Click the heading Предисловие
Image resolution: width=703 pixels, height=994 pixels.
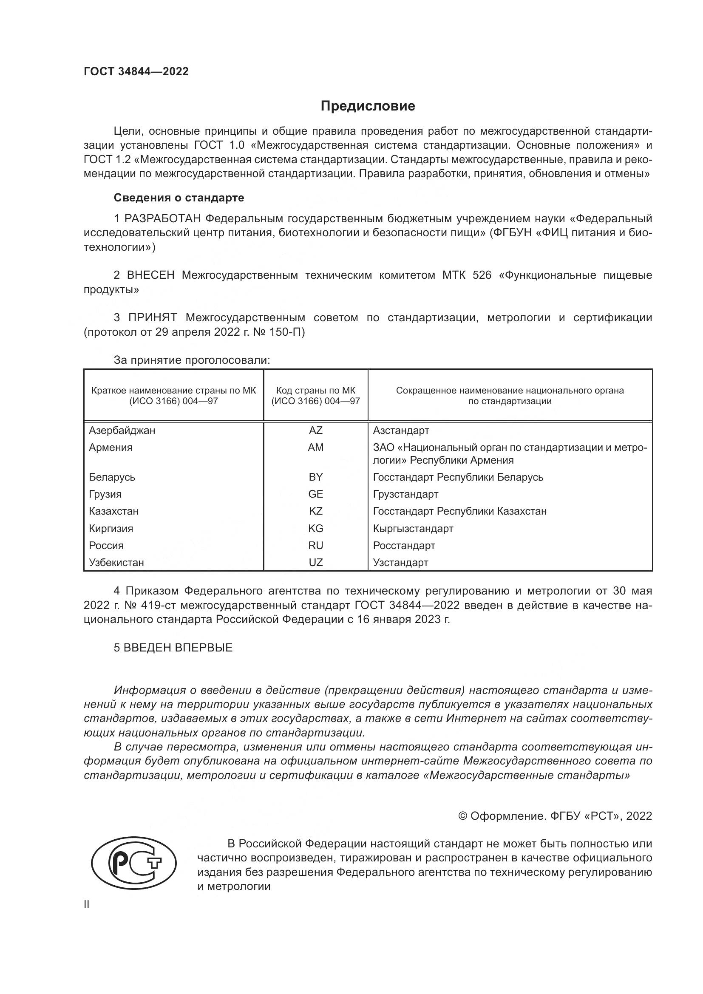pyautogui.click(x=368, y=106)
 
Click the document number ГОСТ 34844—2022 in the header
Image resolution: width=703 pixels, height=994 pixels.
pyautogui.click(x=136, y=71)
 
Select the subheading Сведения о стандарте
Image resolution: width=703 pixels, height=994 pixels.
pyautogui.click(x=179, y=198)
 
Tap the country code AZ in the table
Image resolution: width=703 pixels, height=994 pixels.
pyautogui.click(x=315, y=430)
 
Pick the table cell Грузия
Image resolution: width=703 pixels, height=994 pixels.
pyautogui.click(x=105, y=494)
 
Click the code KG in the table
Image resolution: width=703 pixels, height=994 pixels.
pyautogui.click(x=315, y=528)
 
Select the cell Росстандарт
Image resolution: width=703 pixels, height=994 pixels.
pyautogui.click(x=404, y=546)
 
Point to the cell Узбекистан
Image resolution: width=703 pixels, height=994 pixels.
pyautogui.click(x=116, y=562)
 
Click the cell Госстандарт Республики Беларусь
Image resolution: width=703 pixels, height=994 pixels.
pyautogui.click(x=458, y=477)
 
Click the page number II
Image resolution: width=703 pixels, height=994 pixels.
pyautogui.click(x=87, y=904)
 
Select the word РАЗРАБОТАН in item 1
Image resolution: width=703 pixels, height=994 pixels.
pyautogui.click(x=164, y=218)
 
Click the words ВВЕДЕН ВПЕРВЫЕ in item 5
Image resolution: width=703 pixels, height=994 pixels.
pyautogui.click(x=178, y=648)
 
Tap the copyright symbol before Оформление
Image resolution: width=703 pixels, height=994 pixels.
pyautogui.click(x=462, y=816)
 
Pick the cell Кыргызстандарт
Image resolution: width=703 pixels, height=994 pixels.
pyautogui.click(x=413, y=528)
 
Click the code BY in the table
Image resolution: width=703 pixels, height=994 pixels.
pyautogui.click(x=315, y=477)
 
